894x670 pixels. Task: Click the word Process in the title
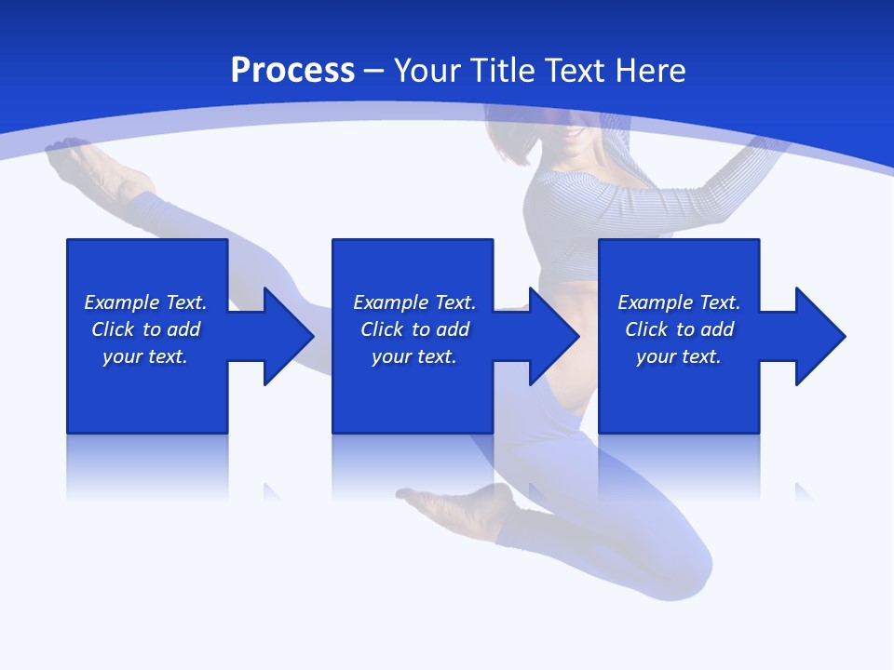coord(292,71)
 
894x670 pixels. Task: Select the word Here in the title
coord(651,71)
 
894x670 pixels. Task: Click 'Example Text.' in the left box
coord(145,302)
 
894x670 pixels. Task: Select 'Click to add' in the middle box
coord(414,329)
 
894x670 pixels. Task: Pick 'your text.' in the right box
coord(678,356)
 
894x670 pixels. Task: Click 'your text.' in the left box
coord(145,356)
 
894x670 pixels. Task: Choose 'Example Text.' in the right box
coord(679,302)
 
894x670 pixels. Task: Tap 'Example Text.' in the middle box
coord(414,302)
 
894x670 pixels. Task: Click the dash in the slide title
coord(373,71)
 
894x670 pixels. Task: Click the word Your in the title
coord(429,71)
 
